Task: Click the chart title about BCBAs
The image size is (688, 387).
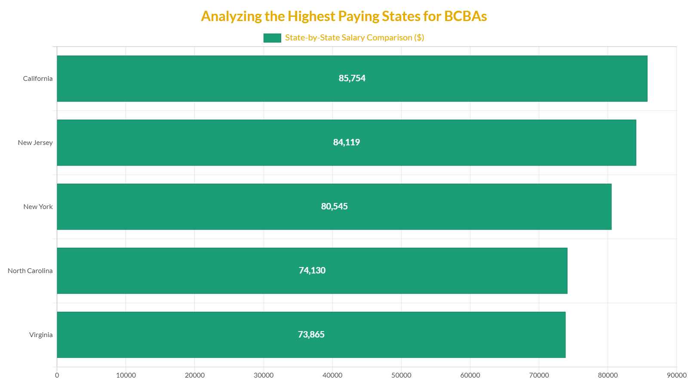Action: (x=344, y=16)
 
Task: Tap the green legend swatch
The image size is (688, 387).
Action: (x=272, y=38)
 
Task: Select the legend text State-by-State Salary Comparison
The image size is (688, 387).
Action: (x=354, y=38)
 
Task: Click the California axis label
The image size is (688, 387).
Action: (x=38, y=79)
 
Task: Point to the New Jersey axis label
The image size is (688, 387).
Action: (x=35, y=143)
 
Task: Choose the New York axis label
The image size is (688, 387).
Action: (x=38, y=207)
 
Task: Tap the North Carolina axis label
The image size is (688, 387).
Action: (x=30, y=271)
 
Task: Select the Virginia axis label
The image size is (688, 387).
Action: (x=41, y=335)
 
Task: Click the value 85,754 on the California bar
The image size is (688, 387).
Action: (x=352, y=78)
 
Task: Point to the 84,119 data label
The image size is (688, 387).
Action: (x=346, y=142)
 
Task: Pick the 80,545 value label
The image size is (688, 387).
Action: (x=334, y=206)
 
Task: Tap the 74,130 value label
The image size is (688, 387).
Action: (x=312, y=270)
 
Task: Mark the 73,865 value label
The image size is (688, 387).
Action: (x=311, y=335)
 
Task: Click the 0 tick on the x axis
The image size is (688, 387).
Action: (x=57, y=375)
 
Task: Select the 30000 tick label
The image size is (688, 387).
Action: (x=264, y=375)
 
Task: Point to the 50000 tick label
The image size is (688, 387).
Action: (x=401, y=375)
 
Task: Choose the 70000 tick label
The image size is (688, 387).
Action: (x=539, y=375)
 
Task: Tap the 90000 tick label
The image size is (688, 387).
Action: (x=676, y=375)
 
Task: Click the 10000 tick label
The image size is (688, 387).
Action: (x=126, y=375)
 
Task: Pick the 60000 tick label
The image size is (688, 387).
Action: (x=470, y=375)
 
